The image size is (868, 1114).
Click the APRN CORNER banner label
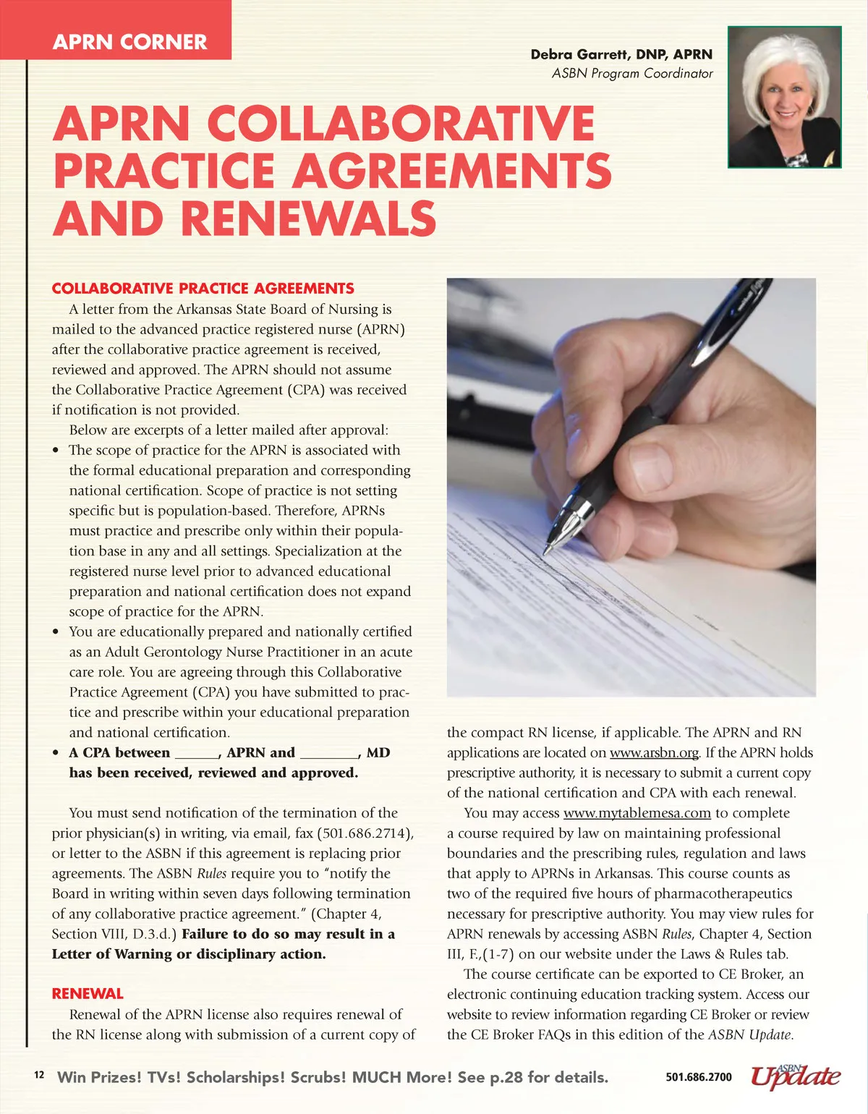129,42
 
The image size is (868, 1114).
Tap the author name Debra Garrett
621,54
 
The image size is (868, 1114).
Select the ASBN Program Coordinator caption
631,73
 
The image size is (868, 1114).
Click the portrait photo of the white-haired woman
784,97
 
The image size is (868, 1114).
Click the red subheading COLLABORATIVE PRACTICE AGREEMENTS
203,289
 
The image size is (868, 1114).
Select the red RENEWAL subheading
88,993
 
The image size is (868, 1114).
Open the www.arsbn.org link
654,753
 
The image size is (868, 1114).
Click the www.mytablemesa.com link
637,813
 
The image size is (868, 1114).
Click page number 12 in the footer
39,1075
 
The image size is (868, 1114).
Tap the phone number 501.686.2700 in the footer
698,1077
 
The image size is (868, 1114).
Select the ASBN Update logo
795,1076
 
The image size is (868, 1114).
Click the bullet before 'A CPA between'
56,753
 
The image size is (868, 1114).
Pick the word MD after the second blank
378,752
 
